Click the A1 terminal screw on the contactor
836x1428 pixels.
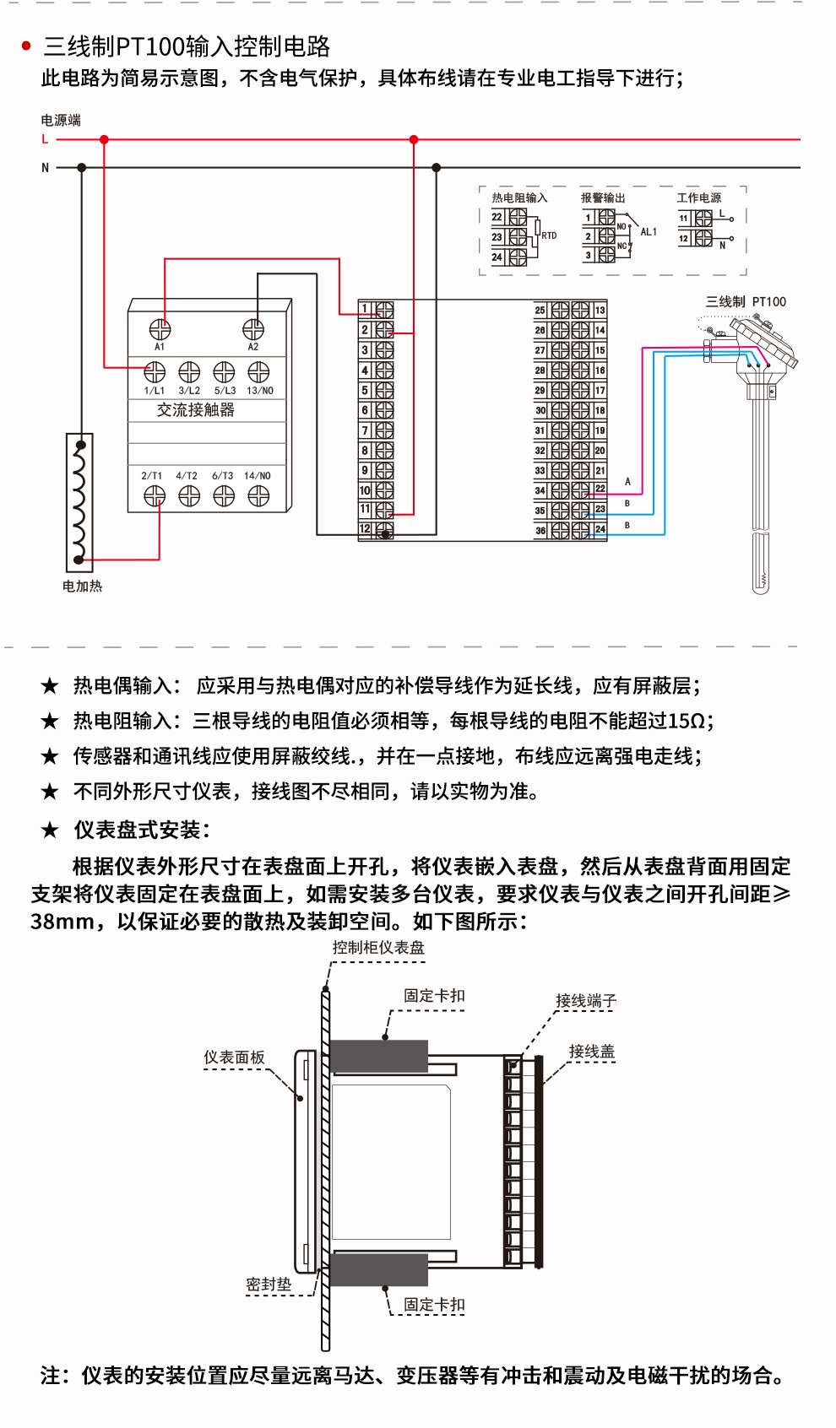pos(160,329)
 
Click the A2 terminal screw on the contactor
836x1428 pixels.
pos(253,329)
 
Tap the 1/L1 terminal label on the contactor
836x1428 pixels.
pos(155,391)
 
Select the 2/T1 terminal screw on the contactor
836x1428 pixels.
pos(155,496)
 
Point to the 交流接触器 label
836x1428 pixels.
pos(196,410)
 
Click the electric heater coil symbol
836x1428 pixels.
pos(79,501)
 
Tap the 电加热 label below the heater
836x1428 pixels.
pos(82,586)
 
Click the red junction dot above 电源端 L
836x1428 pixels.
pos(104,140)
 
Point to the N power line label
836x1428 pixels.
pos(46,168)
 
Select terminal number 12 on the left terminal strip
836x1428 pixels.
pos(366,529)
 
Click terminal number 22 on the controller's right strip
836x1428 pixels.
pos(600,489)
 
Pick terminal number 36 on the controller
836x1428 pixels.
pos(540,531)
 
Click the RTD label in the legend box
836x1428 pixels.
pos(549,235)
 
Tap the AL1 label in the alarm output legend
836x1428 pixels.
pos(649,232)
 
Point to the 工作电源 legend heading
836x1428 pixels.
pos(699,197)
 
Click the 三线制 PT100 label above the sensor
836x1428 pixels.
pos(746,301)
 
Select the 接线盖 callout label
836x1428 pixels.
pos(591,1052)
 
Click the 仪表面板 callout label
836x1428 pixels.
pos(234,1057)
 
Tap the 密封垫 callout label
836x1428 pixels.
pos(269,1285)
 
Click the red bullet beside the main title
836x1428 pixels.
pos(26,46)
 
